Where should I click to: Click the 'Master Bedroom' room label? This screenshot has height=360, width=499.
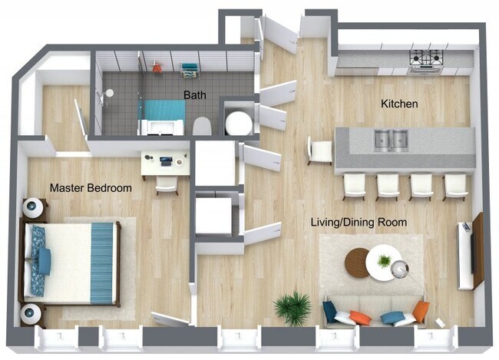tap(91, 187)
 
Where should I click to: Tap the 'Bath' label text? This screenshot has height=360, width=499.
tap(193, 95)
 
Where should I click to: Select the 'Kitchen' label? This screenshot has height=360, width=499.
tap(399, 103)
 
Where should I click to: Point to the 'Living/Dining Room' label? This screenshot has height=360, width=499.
tap(359, 223)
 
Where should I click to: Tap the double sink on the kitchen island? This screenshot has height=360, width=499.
tap(392, 140)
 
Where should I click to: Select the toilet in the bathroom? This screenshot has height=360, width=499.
tap(201, 126)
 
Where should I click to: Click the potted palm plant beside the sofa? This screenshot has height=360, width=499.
tap(292, 308)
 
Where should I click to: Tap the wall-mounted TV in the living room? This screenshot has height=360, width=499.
tap(465, 256)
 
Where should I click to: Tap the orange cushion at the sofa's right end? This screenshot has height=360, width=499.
tap(421, 311)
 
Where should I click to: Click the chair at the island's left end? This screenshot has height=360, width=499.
tap(318, 150)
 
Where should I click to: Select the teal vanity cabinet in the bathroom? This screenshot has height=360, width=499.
tap(164, 112)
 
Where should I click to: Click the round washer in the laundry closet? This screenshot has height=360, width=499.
tap(238, 122)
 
